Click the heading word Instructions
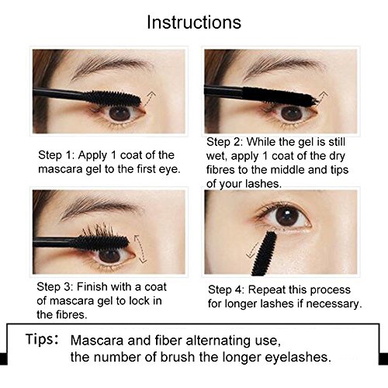194,22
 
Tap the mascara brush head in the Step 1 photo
113,99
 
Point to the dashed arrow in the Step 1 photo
149,99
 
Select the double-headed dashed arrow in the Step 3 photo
140,248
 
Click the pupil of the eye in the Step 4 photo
288,216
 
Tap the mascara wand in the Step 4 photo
265,254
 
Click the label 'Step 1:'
56,155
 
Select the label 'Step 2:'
224,142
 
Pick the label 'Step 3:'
55,287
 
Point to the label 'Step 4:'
226,289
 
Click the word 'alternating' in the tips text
218,341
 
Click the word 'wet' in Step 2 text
216,157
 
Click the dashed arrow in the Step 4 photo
252,251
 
